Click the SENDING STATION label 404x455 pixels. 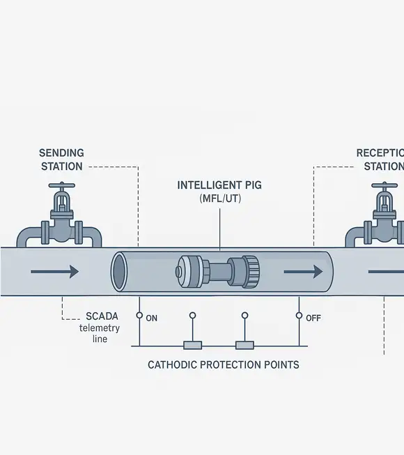[x=61, y=159]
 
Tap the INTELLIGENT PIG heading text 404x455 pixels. [x=220, y=185]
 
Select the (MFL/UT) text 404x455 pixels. [x=220, y=199]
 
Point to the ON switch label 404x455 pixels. [x=152, y=318]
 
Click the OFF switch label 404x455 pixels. [x=313, y=318]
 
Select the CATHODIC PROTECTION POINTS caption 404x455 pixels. [x=224, y=364]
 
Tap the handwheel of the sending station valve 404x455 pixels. [x=62, y=187]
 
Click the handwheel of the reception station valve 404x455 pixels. [x=384, y=187]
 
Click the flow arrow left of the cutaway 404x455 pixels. [x=65, y=271]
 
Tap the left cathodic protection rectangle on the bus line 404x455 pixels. [x=192, y=345]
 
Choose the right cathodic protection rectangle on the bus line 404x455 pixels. [x=244, y=345]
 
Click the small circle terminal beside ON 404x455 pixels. [x=139, y=316]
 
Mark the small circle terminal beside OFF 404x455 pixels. [x=300, y=316]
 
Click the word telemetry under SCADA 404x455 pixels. [x=100, y=327]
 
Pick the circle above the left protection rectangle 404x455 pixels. [x=192, y=316]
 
